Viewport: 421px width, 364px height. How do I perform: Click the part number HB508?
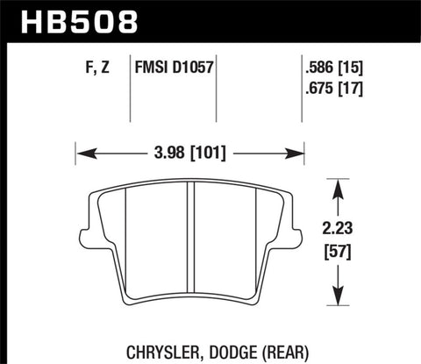click(x=71, y=20)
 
